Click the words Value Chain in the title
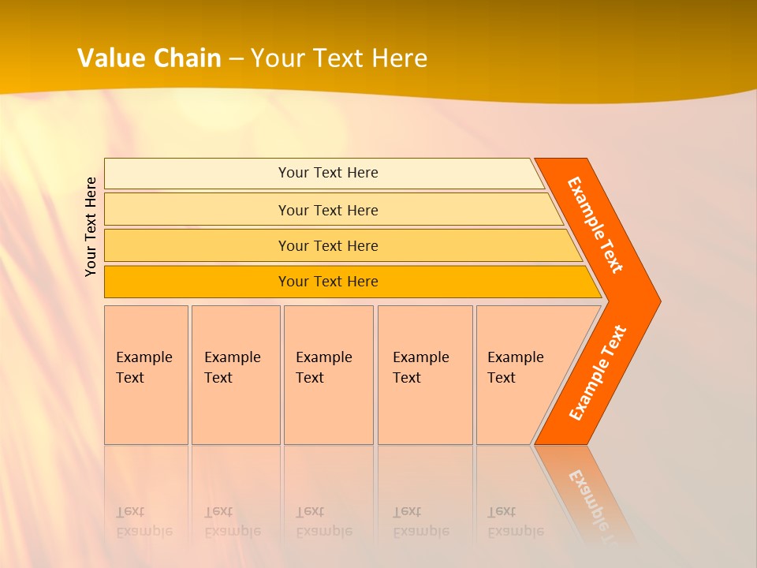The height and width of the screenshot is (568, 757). tap(149, 58)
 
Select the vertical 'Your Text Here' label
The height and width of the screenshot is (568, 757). tap(91, 226)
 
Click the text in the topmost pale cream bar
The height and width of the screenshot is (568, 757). tap(328, 173)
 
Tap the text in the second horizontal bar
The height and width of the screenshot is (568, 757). tap(328, 211)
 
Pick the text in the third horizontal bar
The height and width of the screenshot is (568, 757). tap(328, 246)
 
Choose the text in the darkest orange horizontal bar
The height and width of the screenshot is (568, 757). tap(328, 282)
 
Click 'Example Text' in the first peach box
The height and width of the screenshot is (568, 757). tap(144, 368)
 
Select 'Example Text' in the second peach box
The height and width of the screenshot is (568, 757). tap(232, 368)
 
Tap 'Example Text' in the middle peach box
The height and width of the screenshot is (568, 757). tap(323, 368)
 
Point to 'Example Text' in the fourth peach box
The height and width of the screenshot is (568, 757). tap(420, 368)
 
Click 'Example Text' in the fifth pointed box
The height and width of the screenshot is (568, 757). tap(515, 368)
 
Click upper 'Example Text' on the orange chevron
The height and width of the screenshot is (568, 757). tap(595, 225)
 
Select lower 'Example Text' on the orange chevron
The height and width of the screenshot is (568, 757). tap(598, 373)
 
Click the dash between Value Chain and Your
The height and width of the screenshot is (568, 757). tap(236, 59)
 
